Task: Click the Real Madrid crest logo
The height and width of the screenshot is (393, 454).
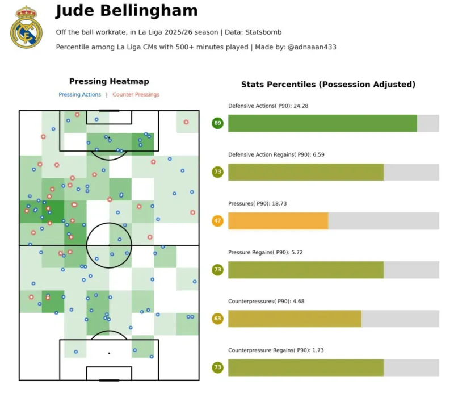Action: tap(26, 27)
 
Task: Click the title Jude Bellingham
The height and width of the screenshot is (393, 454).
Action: tap(127, 11)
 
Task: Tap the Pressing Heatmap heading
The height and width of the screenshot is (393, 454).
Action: tap(109, 82)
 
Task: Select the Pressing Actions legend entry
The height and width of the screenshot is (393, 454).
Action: tap(80, 95)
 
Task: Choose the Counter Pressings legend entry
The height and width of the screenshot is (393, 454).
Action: tap(136, 95)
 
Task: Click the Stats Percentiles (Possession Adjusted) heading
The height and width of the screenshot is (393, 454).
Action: tap(328, 85)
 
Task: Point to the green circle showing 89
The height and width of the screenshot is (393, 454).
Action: tap(217, 123)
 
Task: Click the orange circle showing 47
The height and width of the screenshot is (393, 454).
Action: tap(217, 221)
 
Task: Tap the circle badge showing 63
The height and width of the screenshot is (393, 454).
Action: tap(217, 319)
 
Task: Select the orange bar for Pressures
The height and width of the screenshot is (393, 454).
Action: tap(278, 221)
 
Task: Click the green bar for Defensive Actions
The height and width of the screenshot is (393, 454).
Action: tap(322, 123)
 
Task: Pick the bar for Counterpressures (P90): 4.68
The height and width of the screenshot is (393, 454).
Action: tap(295, 319)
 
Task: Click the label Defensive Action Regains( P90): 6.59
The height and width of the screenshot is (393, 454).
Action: tap(276, 154)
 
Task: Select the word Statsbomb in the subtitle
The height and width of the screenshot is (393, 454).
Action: tap(262, 32)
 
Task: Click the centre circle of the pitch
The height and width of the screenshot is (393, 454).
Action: tap(109, 245)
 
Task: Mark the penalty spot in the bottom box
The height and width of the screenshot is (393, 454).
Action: tap(109, 353)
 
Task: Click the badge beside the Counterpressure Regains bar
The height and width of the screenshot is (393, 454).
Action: tap(217, 367)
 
